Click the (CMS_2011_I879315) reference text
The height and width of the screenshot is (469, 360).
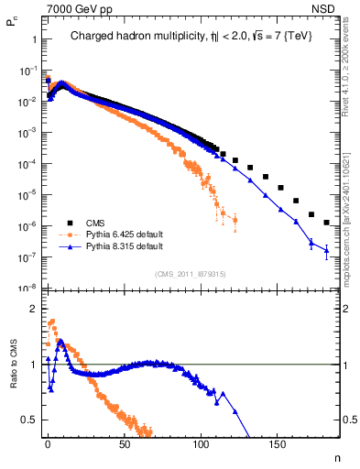(x=191, y=273)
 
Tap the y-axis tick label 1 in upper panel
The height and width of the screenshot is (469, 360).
(x=34, y=39)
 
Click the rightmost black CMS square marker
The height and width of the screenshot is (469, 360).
(x=326, y=223)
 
